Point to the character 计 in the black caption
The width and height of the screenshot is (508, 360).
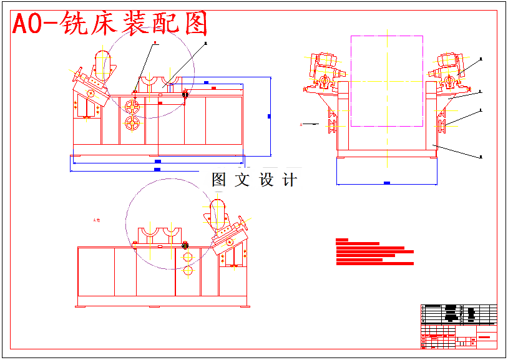click(290, 180)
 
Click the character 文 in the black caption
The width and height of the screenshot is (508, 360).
click(242, 180)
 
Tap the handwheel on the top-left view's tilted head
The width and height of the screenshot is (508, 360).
click(90, 94)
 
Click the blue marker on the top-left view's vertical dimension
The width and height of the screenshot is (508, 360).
click(269, 116)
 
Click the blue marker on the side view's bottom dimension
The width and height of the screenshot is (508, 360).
click(387, 183)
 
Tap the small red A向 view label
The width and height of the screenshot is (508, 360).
click(96, 220)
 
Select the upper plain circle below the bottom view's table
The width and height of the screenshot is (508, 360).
click(187, 256)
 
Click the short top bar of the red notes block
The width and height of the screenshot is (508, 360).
click(341, 240)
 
